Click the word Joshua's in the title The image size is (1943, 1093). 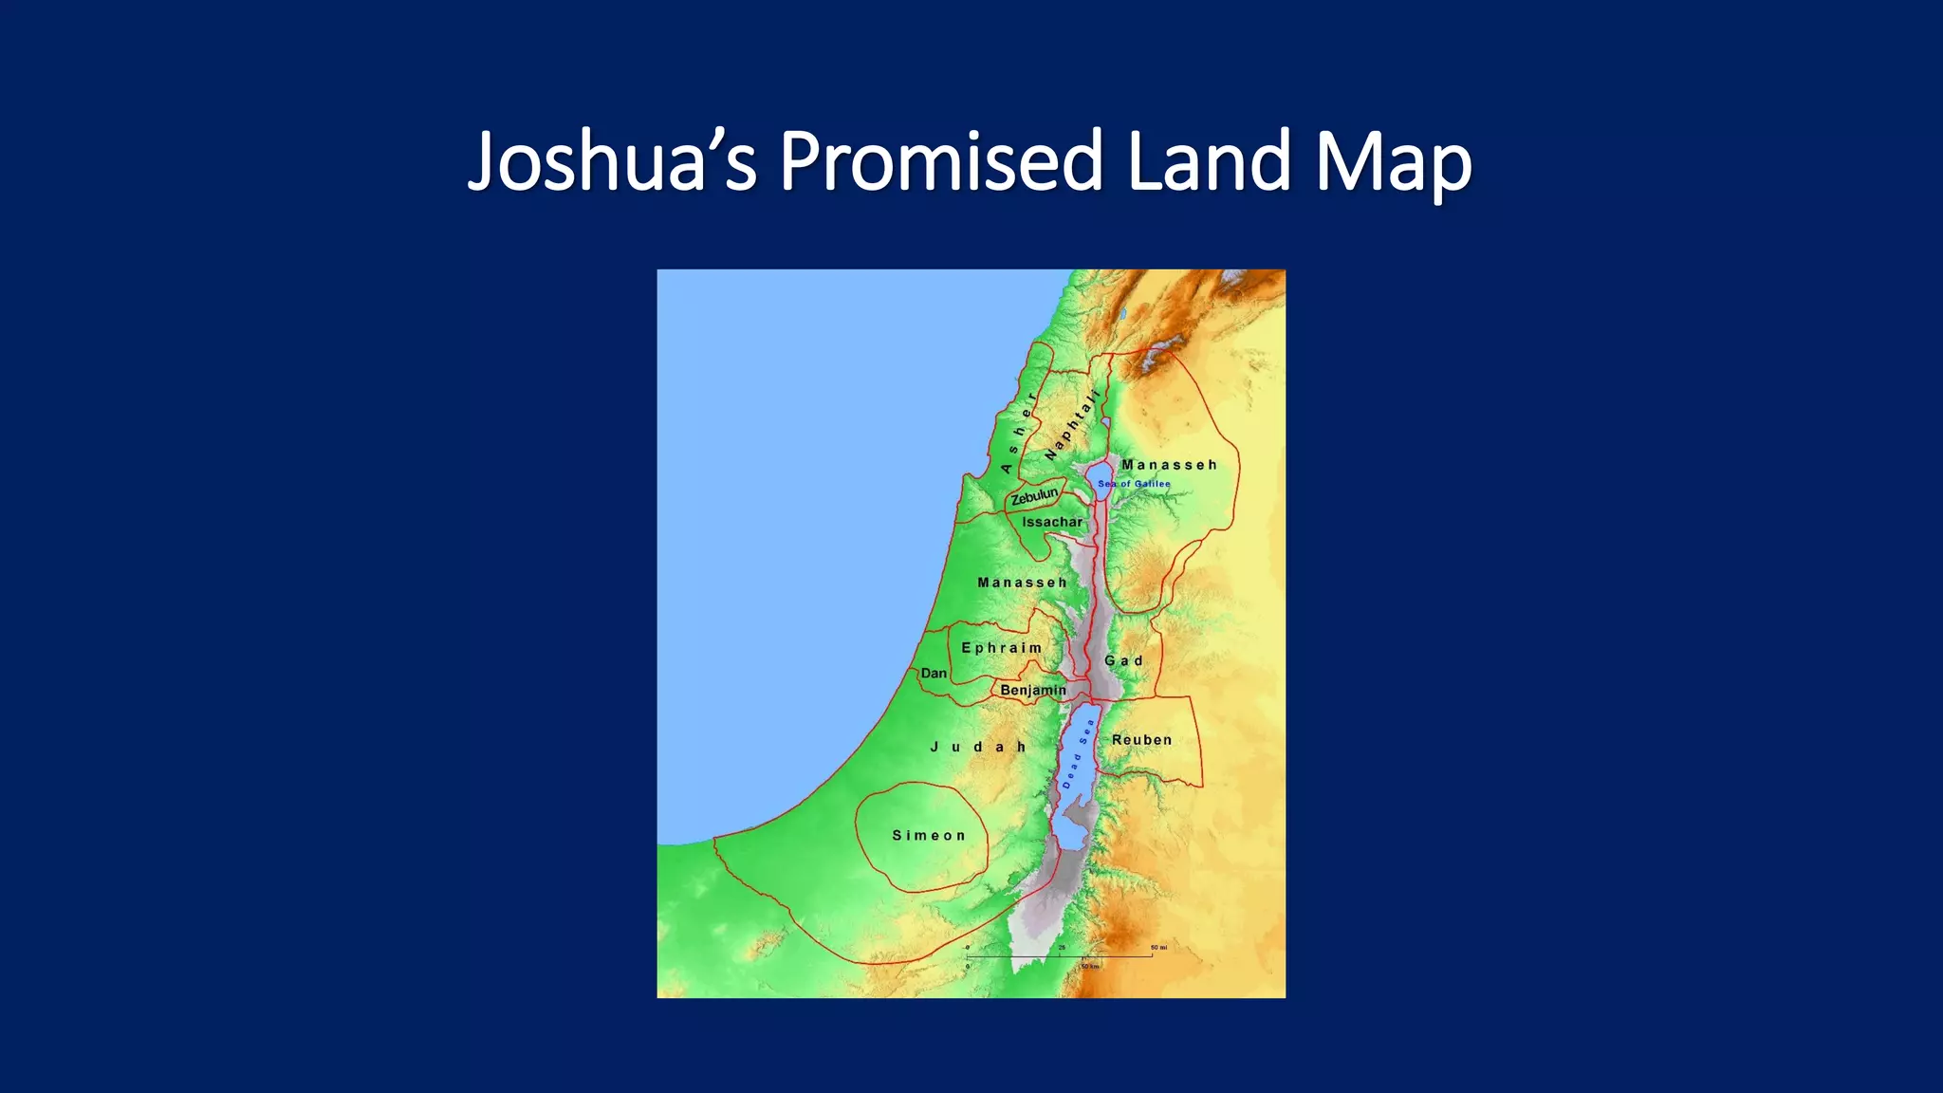click(x=612, y=161)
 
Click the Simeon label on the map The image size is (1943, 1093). click(x=929, y=836)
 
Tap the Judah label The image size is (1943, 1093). click(x=978, y=748)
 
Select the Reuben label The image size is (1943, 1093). click(x=1142, y=740)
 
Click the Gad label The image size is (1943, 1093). click(x=1124, y=661)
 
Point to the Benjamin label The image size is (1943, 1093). click(x=1033, y=691)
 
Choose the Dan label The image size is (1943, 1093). click(x=934, y=673)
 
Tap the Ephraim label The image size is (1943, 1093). click(x=1002, y=648)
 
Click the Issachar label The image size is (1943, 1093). click(x=1052, y=522)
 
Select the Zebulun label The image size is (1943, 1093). click(x=1034, y=496)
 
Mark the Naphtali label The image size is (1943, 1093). click(x=1072, y=425)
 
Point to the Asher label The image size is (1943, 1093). click(x=1018, y=433)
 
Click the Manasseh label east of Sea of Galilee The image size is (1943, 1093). click(x=1169, y=465)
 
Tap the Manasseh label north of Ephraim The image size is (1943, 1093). click(x=1023, y=583)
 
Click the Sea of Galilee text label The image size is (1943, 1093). click(x=1134, y=484)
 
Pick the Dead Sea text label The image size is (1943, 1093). click(x=1078, y=754)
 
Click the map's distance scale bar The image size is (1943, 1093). click(x=1060, y=956)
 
